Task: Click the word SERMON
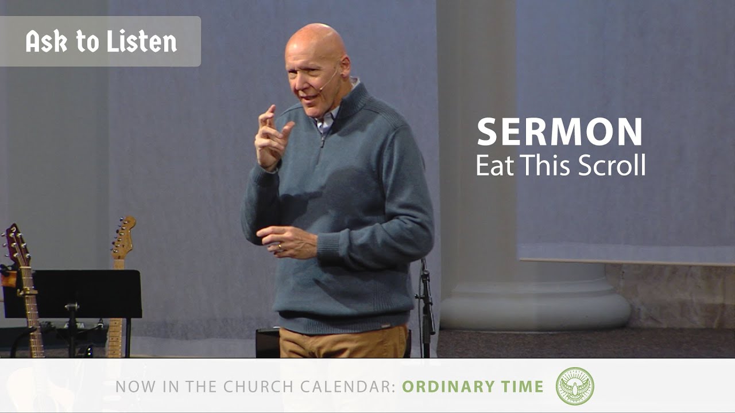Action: tap(560, 133)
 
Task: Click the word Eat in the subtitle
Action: tap(493, 165)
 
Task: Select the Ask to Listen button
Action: tap(100, 41)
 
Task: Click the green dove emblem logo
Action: tap(575, 386)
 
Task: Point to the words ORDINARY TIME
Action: tap(473, 387)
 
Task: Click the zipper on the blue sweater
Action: tap(323, 138)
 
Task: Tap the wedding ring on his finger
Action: tap(280, 247)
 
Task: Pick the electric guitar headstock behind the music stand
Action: tap(122, 238)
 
